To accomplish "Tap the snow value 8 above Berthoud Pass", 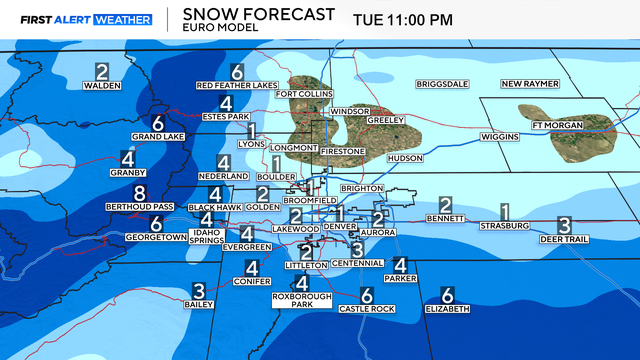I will (140, 192).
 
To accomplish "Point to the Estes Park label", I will (225, 117).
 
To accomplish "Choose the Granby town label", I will (127, 173).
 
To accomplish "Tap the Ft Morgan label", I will (557, 125).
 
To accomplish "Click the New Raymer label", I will (527, 83).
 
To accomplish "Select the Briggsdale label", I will (441, 83).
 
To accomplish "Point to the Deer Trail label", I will (564, 239).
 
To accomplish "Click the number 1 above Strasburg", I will (505, 211).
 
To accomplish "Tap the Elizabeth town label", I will (446, 309).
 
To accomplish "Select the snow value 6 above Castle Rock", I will (366, 295).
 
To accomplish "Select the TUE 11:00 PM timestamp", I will (402, 18).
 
